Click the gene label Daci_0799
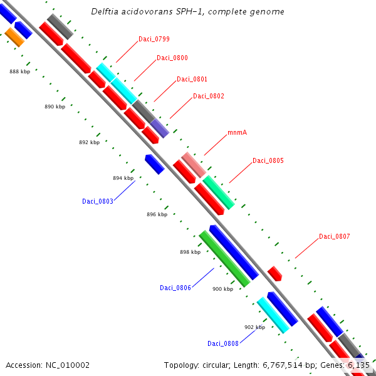[154, 39]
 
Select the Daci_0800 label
[172, 58]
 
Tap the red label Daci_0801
[192, 79]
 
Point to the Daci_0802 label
[208, 96]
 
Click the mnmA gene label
[237, 133]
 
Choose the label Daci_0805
[268, 160]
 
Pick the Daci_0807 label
[334, 236]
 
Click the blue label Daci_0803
[97, 201]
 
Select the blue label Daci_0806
[175, 288]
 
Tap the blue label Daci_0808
[222, 343]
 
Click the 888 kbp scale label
[20, 71]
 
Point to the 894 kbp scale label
[123, 178]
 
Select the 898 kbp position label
[190, 252]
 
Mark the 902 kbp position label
[254, 327]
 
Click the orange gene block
[14, 36]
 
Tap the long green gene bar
[224, 258]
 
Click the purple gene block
[160, 128]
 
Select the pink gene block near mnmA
[194, 164]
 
